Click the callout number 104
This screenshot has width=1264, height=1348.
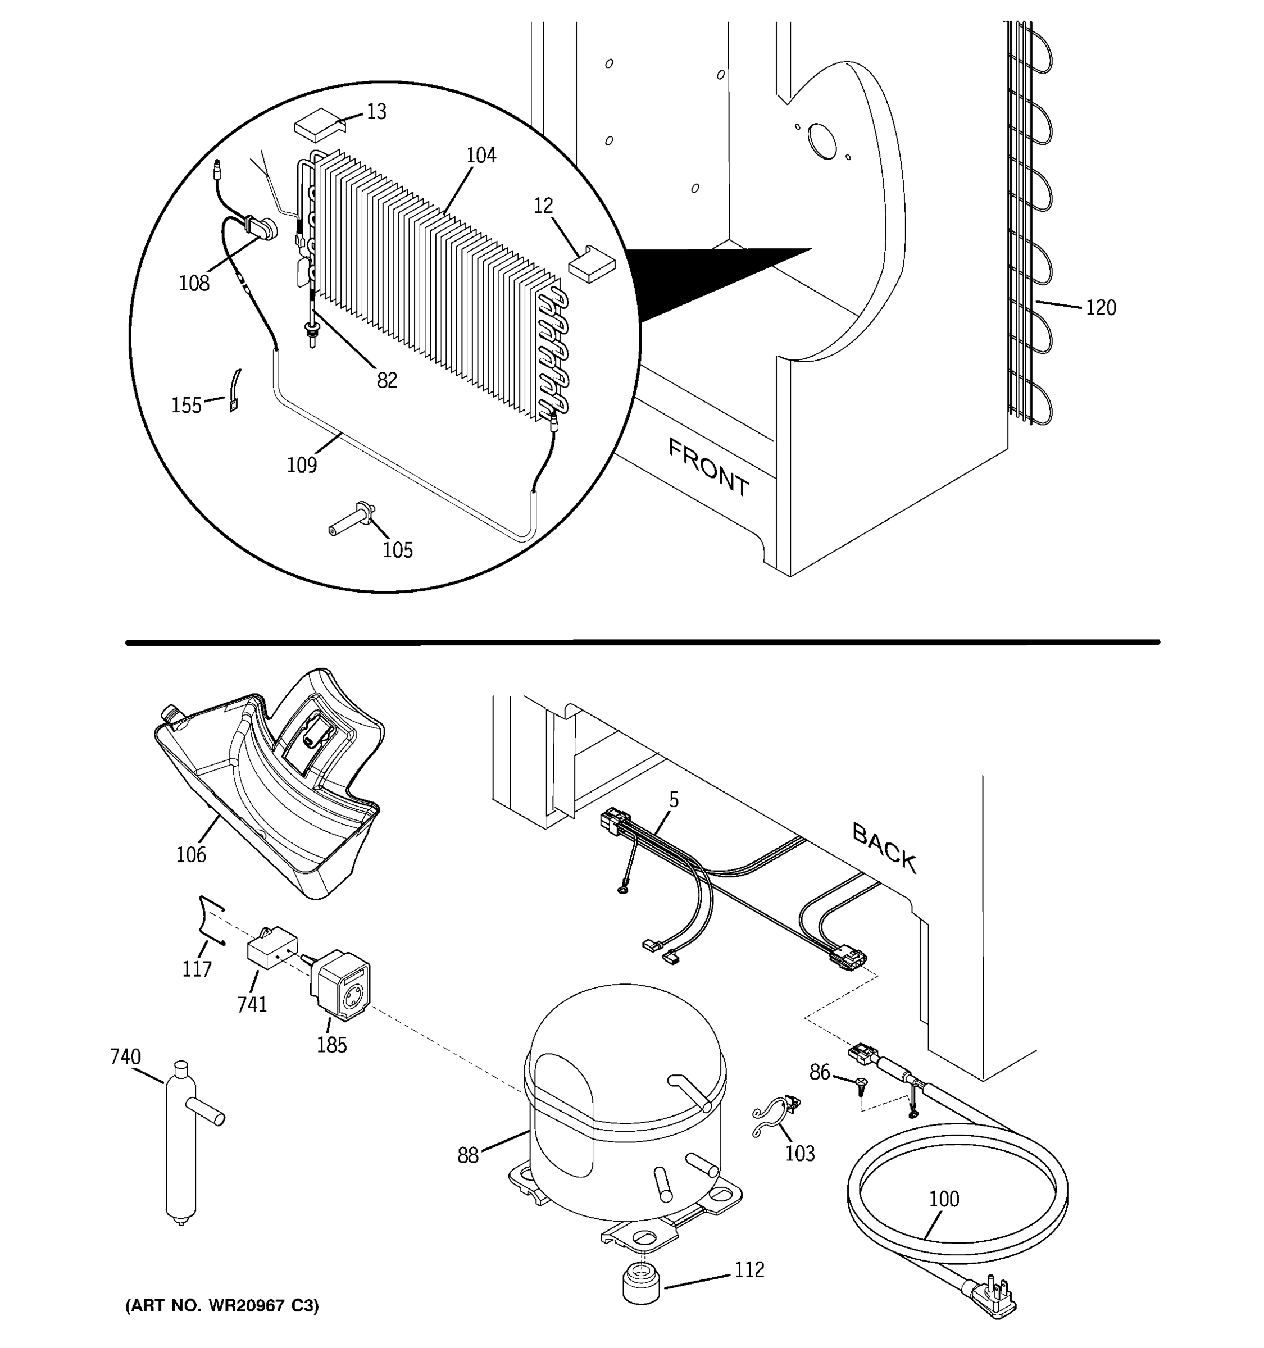pos(481,155)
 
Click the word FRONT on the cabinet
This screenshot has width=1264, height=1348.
pos(708,468)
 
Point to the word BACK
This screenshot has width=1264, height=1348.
pos(884,848)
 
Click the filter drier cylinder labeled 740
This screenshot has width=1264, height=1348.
pos(180,1146)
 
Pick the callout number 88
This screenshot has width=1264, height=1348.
pos(468,1155)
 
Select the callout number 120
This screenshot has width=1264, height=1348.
pos(1101,308)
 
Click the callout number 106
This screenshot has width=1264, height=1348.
pos(191,854)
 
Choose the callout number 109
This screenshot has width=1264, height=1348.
pos(302,465)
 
